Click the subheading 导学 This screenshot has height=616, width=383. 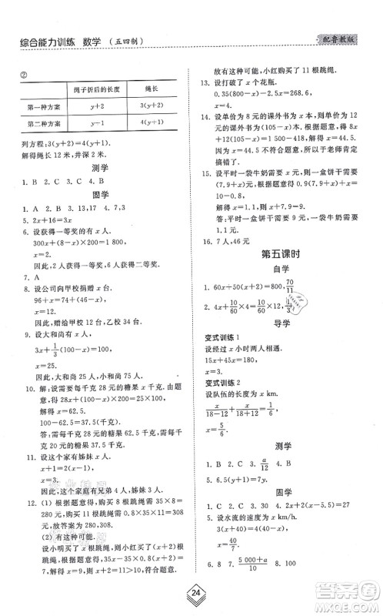[288, 355]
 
